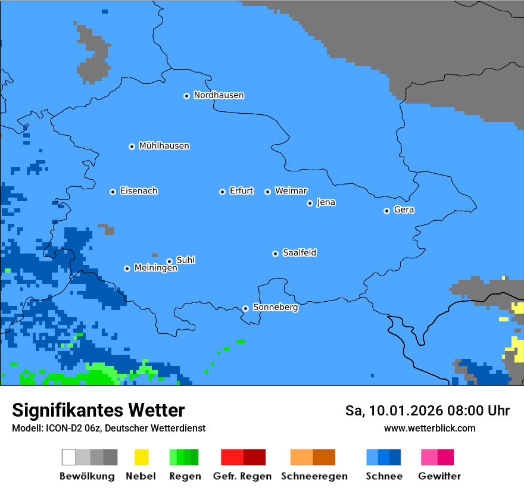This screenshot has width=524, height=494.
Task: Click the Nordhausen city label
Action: [x=219, y=95]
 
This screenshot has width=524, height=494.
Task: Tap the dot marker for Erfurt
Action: [x=222, y=192]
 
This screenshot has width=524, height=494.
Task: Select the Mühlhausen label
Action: [x=164, y=146]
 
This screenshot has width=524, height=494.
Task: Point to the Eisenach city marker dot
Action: [x=113, y=192]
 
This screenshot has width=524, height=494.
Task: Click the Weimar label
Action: [x=291, y=191]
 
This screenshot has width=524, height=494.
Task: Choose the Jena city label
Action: [x=326, y=202]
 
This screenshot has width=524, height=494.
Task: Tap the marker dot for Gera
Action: [x=386, y=211]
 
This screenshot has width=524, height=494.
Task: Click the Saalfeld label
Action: [x=299, y=253]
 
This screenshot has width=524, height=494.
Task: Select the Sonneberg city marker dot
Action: [x=245, y=308]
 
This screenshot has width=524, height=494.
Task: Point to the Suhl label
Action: [x=185, y=260]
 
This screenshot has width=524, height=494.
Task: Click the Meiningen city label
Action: [x=155, y=268]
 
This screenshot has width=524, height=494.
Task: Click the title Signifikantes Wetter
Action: [x=98, y=411]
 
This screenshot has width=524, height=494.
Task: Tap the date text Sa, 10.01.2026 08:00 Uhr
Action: [x=427, y=411]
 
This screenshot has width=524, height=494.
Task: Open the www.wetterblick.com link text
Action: [x=429, y=429]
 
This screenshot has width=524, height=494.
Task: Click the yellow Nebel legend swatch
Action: [x=141, y=457]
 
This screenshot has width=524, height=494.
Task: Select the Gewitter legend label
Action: [x=439, y=476]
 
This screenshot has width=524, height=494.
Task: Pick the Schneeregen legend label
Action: [x=314, y=476]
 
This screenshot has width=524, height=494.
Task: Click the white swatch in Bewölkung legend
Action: [x=69, y=457]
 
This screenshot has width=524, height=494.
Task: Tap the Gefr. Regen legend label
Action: [x=242, y=476]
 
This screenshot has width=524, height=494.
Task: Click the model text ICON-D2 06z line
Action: [x=108, y=429]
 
